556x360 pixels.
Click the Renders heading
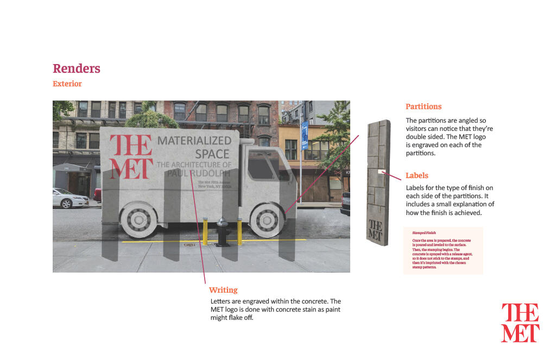click(77, 68)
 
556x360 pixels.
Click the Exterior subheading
click(67, 84)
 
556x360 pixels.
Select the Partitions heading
click(424, 106)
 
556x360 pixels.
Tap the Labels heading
click(417, 175)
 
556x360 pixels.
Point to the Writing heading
click(223, 290)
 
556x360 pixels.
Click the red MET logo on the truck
click(130, 156)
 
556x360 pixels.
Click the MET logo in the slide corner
click(520, 323)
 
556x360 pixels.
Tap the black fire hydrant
click(222, 232)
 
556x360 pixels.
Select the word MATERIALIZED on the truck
click(194, 141)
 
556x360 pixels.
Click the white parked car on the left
click(70, 198)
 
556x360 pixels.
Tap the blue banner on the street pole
click(304, 135)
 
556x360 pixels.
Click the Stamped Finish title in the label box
click(424, 232)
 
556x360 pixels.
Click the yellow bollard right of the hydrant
click(239, 232)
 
